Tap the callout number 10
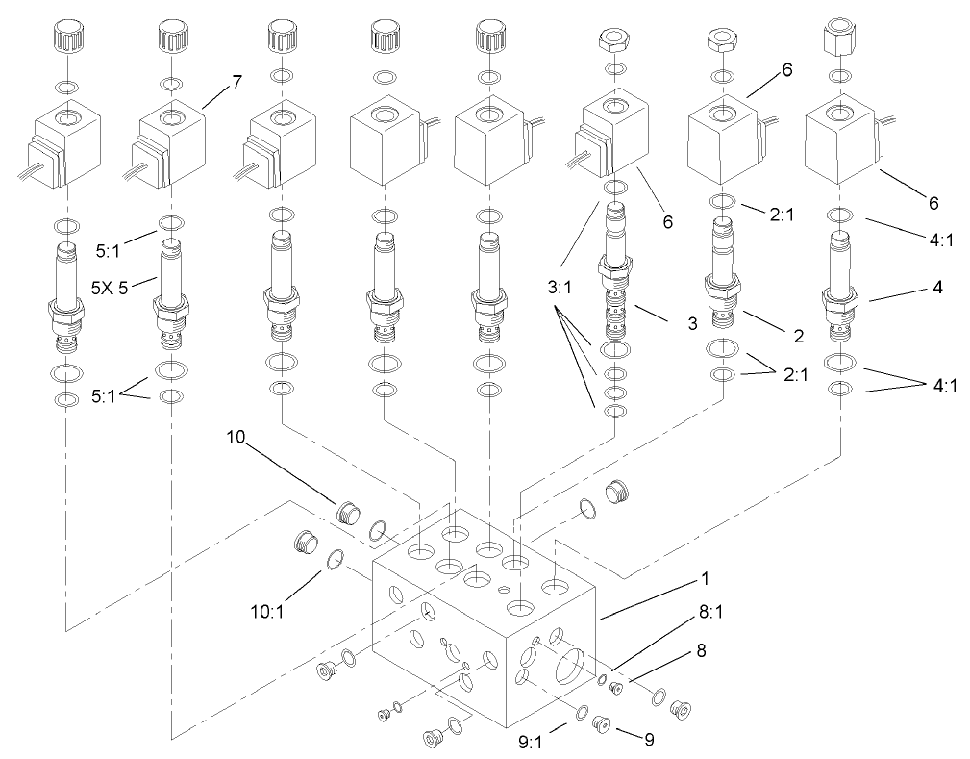pos(236,438)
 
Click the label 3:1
pos(564,286)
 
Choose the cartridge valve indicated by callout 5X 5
pos(170,298)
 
